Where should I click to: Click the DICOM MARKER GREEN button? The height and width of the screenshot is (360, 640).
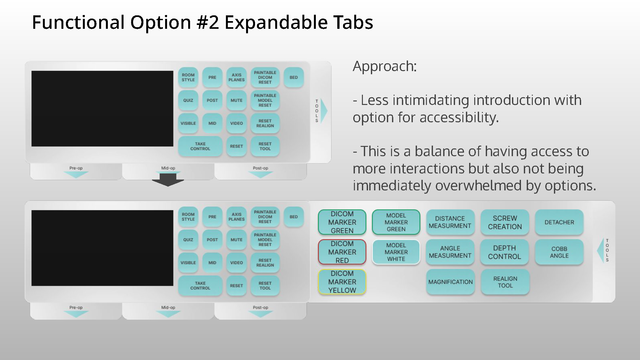(342, 222)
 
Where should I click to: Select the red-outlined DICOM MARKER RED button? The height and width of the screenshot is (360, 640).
(342, 252)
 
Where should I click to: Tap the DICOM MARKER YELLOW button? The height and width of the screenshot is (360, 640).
(342, 282)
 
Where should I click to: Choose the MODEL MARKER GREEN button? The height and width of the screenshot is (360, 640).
(396, 222)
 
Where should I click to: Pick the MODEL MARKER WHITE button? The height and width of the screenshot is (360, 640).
(396, 252)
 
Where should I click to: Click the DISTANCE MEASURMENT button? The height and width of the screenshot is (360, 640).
(450, 222)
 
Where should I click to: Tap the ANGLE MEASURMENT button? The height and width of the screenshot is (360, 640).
(450, 252)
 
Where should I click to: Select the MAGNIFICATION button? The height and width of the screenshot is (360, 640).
(450, 282)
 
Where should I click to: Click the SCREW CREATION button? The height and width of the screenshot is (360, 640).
(505, 222)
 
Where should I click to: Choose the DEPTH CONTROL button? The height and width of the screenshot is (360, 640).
(504, 252)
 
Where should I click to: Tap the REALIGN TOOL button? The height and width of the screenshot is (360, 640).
(505, 282)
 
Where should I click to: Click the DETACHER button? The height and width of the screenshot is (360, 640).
(559, 222)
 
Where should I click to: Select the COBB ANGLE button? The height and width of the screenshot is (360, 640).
(559, 252)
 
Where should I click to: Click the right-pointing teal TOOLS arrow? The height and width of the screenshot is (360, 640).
(324, 110)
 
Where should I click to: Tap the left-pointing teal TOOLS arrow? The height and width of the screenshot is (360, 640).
(600, 250)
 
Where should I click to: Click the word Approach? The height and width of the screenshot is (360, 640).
(384, 66)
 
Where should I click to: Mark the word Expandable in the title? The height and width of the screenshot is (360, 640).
(276, 22)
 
